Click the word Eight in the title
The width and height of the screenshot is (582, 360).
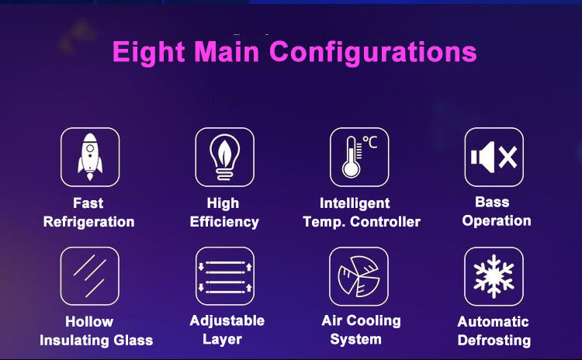click(x=148, y=52)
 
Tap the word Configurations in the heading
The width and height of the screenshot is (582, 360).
click(x=373, y=53)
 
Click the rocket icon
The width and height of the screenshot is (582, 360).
click(x=90, y=157)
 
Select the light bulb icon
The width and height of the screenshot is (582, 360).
click(x=224, y=157)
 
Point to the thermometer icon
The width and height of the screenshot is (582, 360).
click(x=352, y=157)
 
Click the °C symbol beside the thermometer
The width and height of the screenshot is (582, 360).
click(x=370, y=142)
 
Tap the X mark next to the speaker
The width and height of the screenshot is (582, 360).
click(x=508, y=157)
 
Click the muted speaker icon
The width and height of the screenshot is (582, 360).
click(x=494, y=157)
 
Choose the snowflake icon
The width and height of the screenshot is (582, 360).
click(x=494, y=276)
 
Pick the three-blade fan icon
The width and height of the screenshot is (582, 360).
click(x=359, y=276)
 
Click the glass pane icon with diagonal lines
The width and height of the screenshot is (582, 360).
click(x=90, y=276)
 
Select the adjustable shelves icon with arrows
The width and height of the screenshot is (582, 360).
click(x=225, y=276)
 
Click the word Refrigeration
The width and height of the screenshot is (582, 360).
click(x=88, y=222)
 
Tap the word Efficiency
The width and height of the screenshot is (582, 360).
click(x=224, y=222)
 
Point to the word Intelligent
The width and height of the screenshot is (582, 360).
click(x=355, y=203)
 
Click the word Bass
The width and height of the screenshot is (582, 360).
click(x=492, y=202)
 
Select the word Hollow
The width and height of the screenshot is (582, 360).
click(x=89, y=321)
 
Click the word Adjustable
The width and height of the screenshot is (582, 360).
click(x=227, y=320)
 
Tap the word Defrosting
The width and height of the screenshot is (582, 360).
click(x=494, y=341)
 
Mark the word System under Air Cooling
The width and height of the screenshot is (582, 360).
click(x=355, y=340)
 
